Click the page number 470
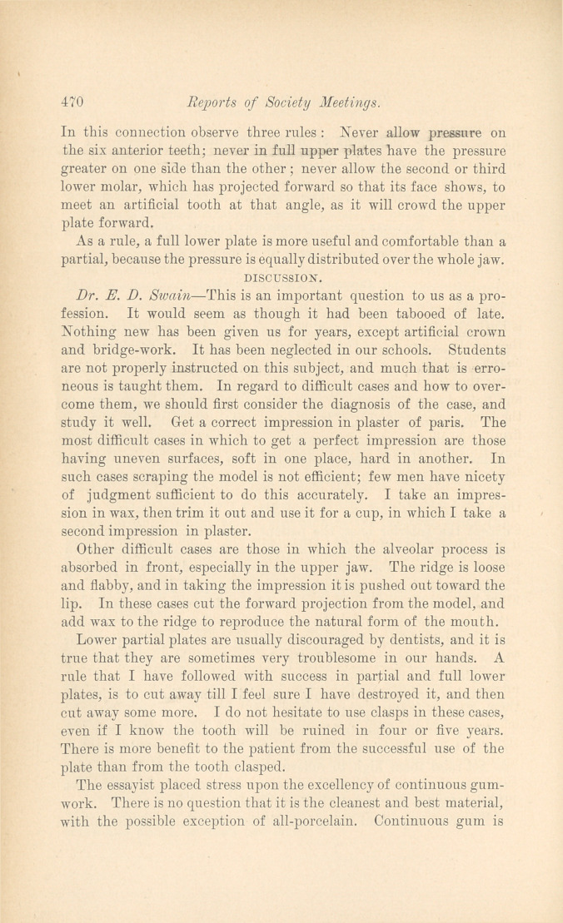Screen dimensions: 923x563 click(x=74, y=103)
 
